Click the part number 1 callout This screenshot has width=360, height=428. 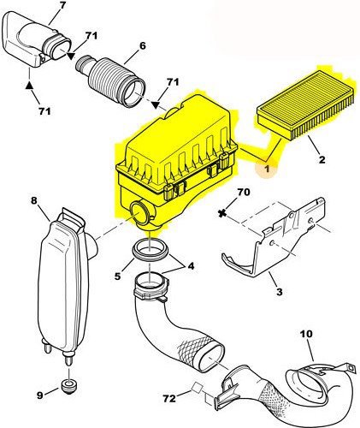[267, 169]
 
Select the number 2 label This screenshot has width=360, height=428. [322, 159]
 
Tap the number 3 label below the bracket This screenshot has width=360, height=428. [280, 292]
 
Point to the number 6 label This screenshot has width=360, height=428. [142, 45]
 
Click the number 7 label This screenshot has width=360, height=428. [62, 5]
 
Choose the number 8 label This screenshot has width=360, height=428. [33, 200]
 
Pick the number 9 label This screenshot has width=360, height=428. [39, 395]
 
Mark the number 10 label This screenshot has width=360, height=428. [306, 333]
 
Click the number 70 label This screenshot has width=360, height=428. [243, 192]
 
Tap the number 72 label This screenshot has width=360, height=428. [169, 398]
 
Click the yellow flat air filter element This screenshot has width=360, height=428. [305, 104]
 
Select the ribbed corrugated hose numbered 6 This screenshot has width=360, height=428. [110, 81]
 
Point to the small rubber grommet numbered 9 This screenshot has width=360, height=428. [68, 387]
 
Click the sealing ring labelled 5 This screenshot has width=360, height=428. [150, 251]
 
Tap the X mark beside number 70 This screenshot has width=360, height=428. [221, 213]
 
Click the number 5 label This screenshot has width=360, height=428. [118, 276]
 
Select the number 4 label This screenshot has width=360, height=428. [191, 266]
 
